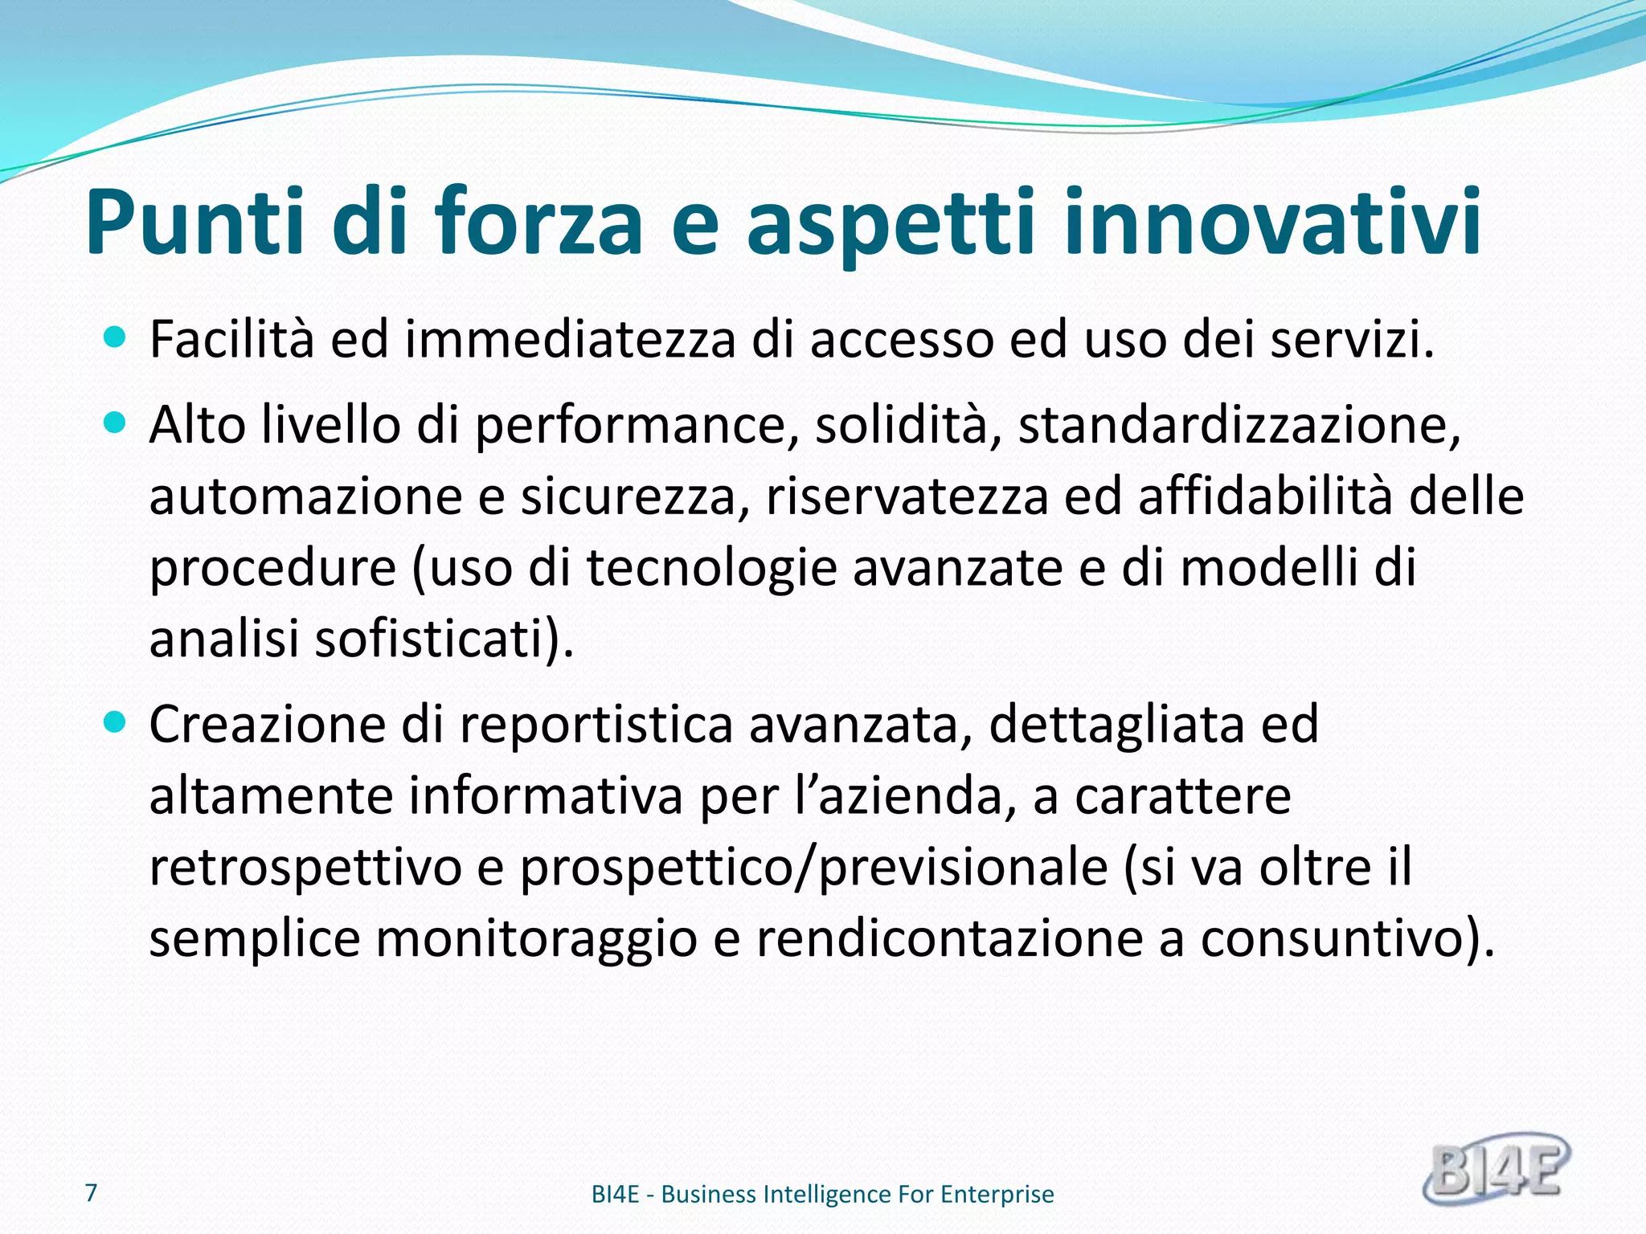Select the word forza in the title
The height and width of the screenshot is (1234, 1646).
pyautogui.click(x=539, y=223)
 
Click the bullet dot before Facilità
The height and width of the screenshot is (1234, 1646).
pyautogui.click(x=116, y=337)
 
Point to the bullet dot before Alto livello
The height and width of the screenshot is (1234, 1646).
pyautogui.click(x=116, y=423)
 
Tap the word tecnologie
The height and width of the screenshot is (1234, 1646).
pyautogui.click(x=711, y=568)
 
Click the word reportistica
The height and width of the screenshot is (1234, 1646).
pyautogui.click(x=596, y=725)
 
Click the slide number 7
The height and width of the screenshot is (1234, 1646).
pyautogui.click(x=92, y=1192)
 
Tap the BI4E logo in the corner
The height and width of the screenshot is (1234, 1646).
pyautogui.click(x=1496, y=1169)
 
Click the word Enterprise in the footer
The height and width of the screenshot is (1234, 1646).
pyautogui.click(x=997, y=1195)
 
